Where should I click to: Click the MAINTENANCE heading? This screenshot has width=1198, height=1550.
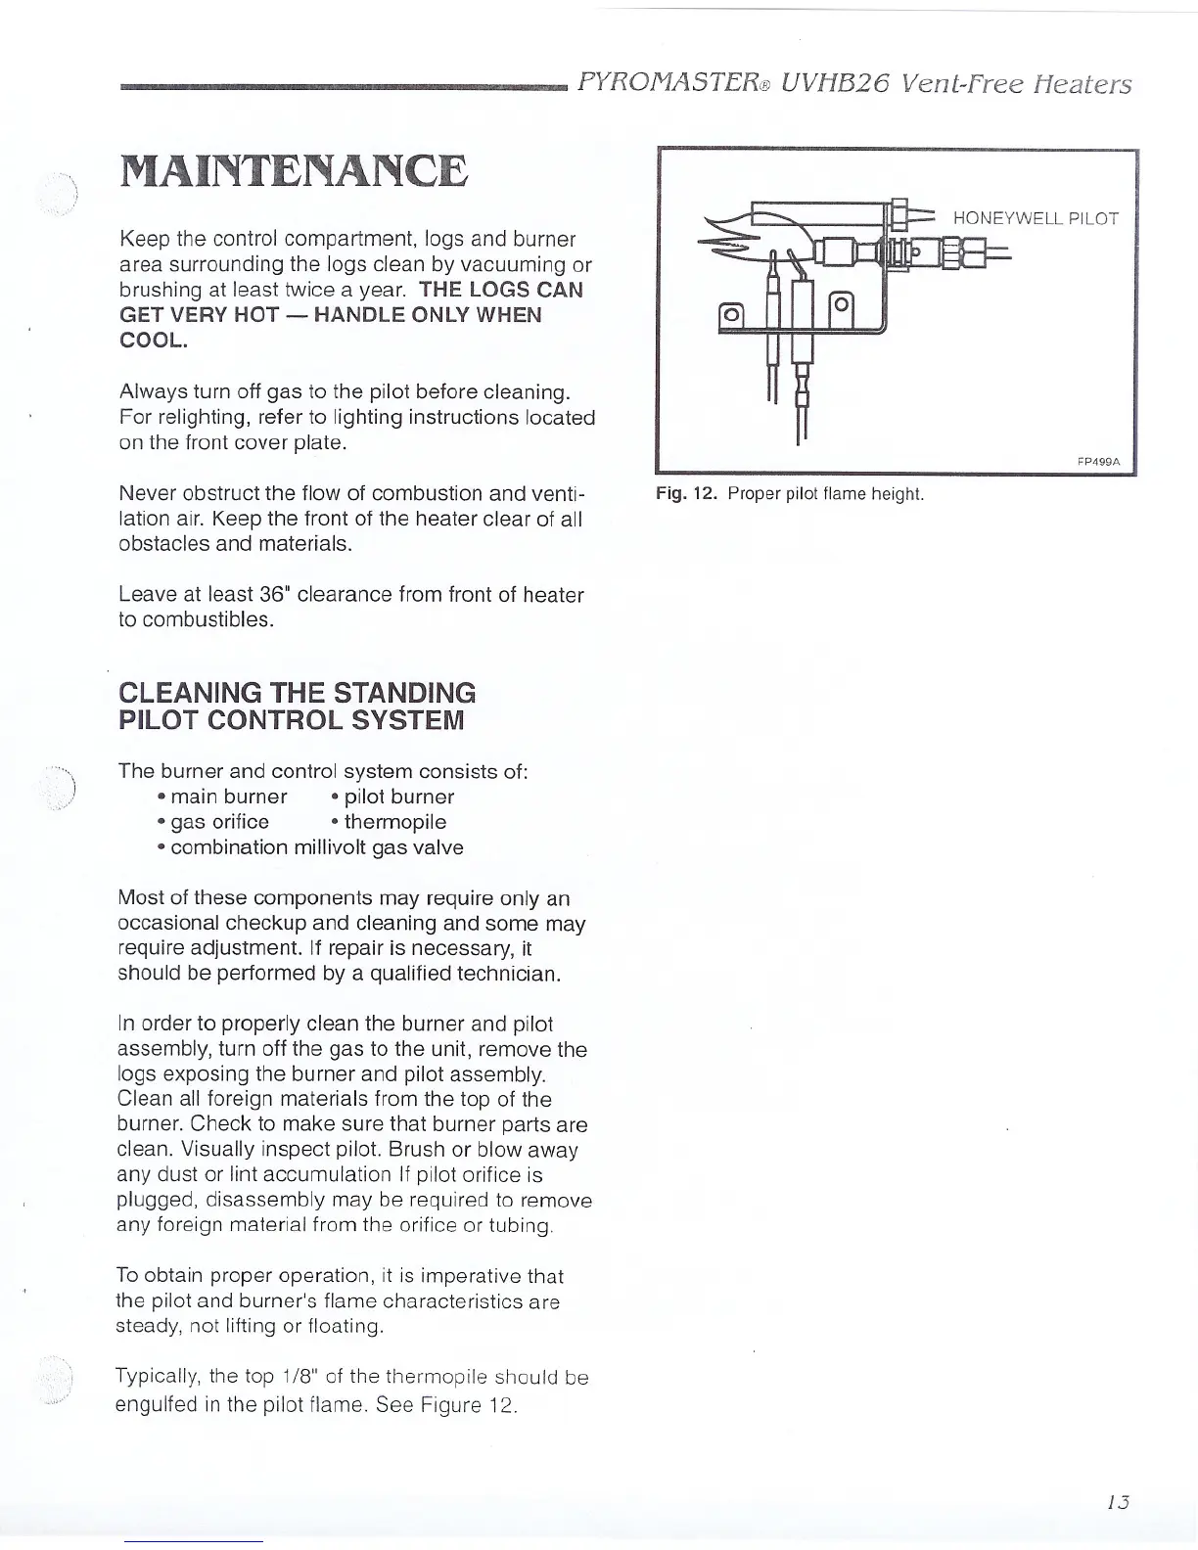293,172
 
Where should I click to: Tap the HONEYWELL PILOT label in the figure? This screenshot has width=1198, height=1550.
1035,218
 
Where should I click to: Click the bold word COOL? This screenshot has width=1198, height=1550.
152,341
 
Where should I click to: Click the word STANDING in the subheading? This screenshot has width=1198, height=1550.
404,693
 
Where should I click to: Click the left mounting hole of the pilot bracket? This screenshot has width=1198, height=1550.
730,315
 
